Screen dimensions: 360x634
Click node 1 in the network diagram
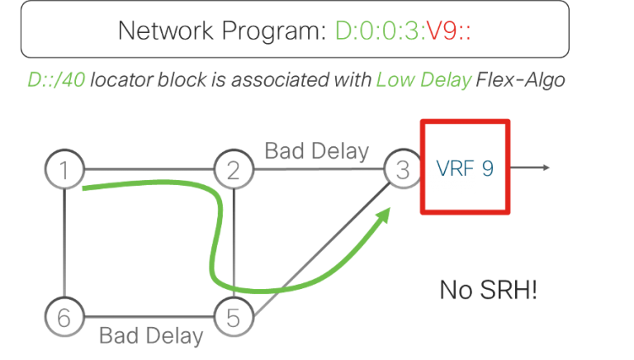tap(64, 171)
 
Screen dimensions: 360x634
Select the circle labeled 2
tap(233, 171)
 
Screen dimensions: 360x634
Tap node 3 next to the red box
tap(402, 171)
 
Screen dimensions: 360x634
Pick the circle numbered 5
tap(233, 316)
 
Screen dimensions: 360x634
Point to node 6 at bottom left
tap(64, 316)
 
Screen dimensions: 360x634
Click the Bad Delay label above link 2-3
tap(316, 152)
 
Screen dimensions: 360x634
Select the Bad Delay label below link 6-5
tap(150, 336)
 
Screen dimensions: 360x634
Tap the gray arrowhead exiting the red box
tap(546, 168)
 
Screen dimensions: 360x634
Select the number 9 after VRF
tap(488, 168)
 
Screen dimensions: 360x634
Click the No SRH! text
tap(488, 290)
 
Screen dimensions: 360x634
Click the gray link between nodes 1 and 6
tap(64, 244)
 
